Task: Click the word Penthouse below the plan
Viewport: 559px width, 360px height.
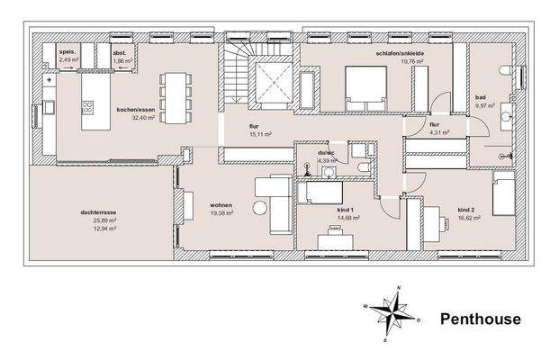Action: (x=480, y=319)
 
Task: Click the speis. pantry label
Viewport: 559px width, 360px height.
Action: (x=66, y=53)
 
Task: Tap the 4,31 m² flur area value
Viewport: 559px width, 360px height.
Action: (x=438, y=133)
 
